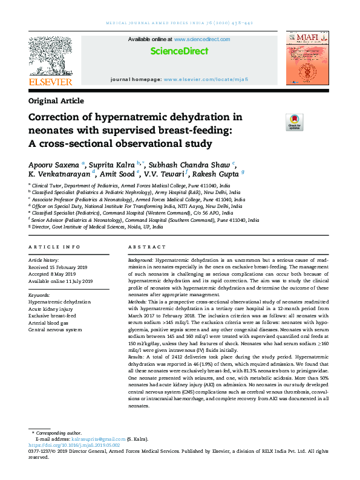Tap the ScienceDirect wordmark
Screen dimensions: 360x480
(x=179, y=51)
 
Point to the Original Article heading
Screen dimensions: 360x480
(x=56, y=101)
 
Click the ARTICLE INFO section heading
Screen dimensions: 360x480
(x=54, y=247)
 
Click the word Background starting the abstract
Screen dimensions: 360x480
(x=140, y=259)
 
